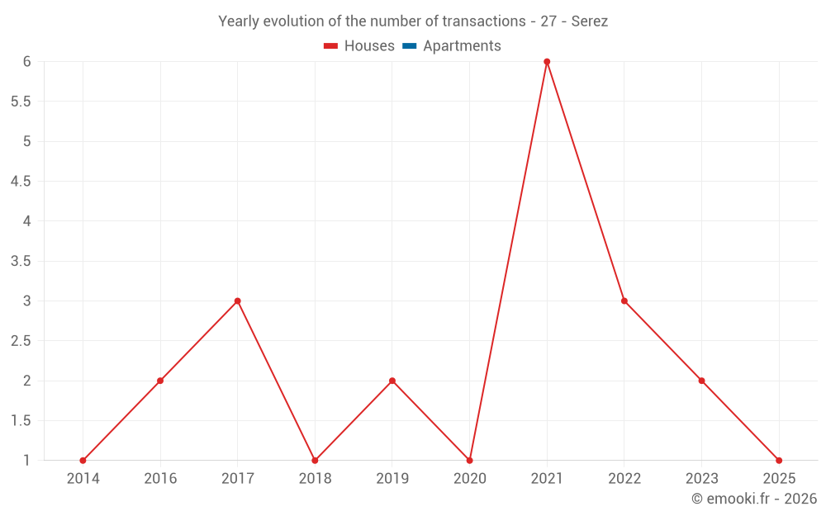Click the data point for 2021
547,62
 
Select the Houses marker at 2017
237,301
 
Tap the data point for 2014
83,461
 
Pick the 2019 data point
392,381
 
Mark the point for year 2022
624,301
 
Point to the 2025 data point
779,461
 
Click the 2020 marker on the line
469,461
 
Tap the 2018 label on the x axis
315,479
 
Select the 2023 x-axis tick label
701,479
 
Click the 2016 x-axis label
160,479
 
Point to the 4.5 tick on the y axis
21,182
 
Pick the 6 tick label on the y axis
27,62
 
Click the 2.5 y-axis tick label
21,341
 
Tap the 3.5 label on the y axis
21,261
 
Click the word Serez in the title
590,21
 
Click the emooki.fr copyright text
753,499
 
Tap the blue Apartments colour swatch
410,46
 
